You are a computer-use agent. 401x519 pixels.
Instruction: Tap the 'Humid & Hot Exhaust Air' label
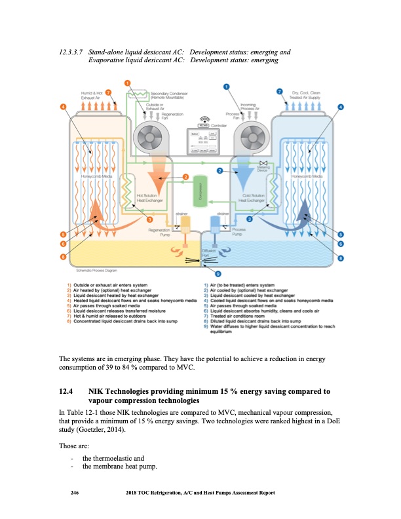pyautogui.click(x=90, y=96)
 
